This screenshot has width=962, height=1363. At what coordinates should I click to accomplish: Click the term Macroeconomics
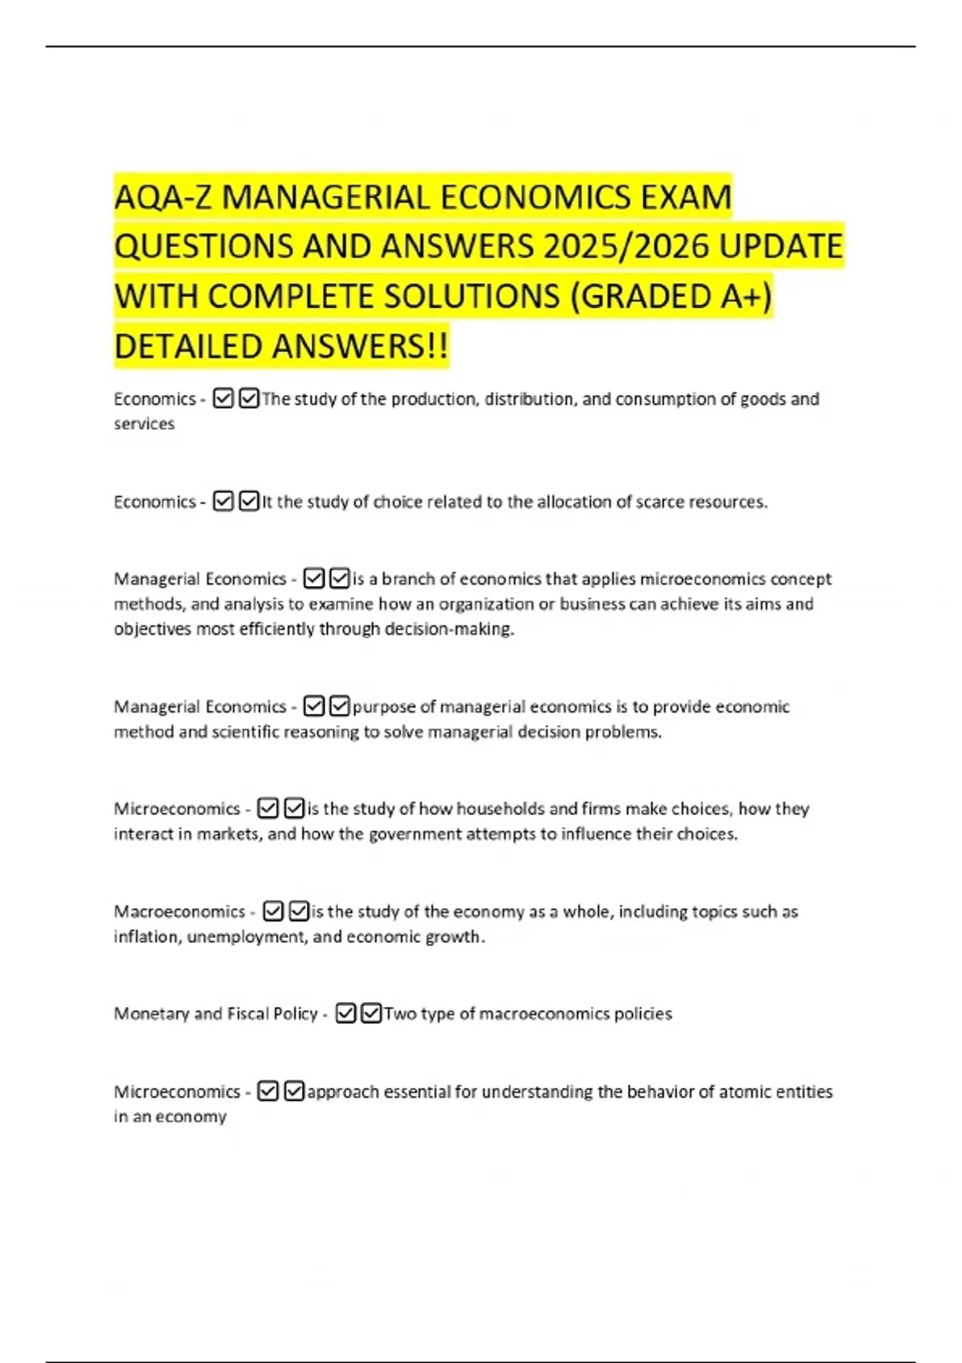point(180,912)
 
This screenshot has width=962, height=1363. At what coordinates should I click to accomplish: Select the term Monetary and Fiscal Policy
point(216,1014)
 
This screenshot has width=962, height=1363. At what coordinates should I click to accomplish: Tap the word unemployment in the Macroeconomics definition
point(246,936)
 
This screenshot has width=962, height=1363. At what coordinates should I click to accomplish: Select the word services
point(144,424)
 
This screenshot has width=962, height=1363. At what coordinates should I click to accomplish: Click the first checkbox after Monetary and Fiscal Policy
point(346,1014)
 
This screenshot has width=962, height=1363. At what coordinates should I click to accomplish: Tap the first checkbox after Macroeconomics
point(273,912)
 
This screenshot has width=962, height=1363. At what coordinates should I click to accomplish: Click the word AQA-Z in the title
point(164,197)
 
